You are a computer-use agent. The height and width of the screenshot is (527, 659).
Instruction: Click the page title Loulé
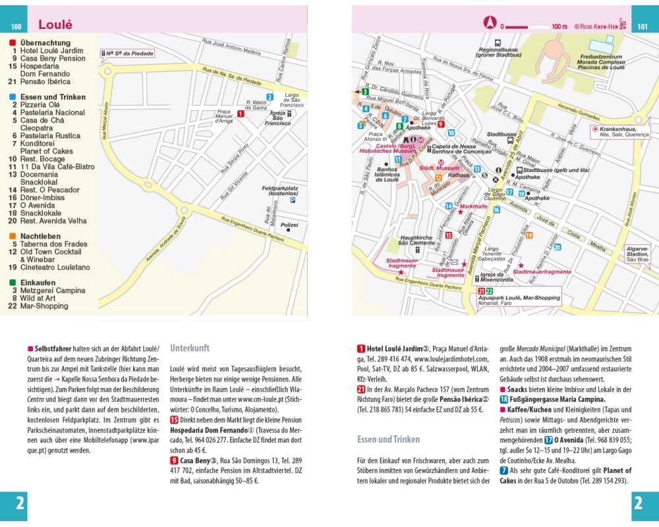pos(55,25)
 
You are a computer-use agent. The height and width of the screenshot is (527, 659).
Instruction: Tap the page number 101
pos(643,27)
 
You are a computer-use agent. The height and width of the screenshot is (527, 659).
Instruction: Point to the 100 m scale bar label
pos(559,27)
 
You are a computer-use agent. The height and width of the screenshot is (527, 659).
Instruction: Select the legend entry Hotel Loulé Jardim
pos(51,51)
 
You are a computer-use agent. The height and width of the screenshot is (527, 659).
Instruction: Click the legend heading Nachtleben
pos(40,236)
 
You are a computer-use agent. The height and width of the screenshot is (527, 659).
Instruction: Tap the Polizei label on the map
pos(290,225)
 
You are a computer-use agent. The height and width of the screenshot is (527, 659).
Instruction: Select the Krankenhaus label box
pos(619,131)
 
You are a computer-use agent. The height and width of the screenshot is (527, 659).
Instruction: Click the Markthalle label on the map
pos(474,206)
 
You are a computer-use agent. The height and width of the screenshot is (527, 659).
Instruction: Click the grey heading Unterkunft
pos(190,348)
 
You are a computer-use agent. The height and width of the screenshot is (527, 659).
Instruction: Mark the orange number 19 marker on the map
pos(529,235)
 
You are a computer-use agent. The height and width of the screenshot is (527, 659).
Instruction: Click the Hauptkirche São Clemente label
pos(416,240)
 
